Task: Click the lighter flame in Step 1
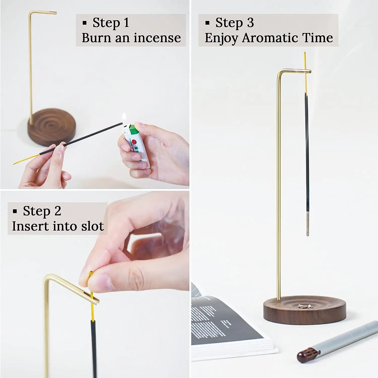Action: pyautogui.click(x=124, y=118)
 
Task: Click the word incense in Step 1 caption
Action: pyautogui.click(x=157, y=38)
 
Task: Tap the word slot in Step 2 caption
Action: pyautogui.click(x=92, y=226)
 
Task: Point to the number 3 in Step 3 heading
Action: pyautogui.click(x=250, y=23)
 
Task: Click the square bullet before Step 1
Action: pyautogui.click(x=85, y=23)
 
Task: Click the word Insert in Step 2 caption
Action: pyautogui.click(x=30, y=226)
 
